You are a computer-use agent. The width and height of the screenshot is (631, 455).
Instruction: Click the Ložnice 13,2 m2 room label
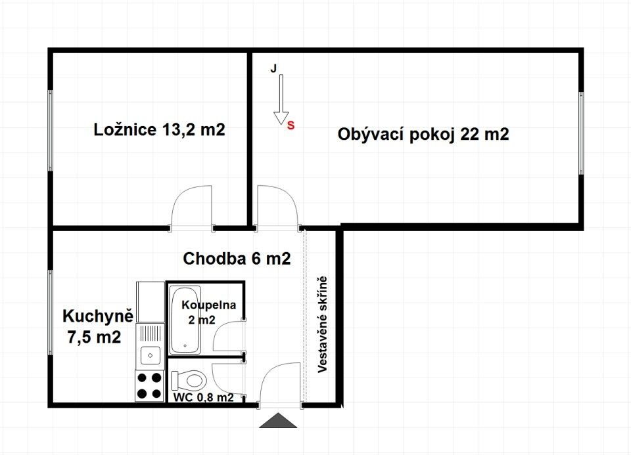click(159, 130)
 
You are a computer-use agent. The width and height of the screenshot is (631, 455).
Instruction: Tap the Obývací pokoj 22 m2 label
click(423, 134)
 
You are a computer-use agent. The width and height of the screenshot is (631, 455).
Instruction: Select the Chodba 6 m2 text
click(237, 259)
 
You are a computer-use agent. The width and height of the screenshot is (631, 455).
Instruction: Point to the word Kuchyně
click(98, 316)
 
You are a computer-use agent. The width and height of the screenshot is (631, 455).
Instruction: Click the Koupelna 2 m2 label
click(208, 313)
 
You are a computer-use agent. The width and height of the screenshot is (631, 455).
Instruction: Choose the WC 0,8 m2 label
click(203, 397)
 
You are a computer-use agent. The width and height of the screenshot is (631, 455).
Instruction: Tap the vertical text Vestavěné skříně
click(322, 325)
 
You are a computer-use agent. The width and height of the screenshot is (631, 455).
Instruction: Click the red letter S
click(291, 125)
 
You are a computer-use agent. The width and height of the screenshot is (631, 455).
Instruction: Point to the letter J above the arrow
click(273, 69)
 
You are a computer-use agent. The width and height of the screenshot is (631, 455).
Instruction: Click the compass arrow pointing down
click(281, 99)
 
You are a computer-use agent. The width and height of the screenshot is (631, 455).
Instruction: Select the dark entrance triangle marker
click(278, 420)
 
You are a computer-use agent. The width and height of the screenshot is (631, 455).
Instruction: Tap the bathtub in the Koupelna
click(185, 320)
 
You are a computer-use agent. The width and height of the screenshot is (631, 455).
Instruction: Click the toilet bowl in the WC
click(189, 380)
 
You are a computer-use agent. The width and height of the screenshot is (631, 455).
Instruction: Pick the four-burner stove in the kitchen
click(149, 385)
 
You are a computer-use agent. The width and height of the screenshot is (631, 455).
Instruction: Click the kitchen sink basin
click(150, 355)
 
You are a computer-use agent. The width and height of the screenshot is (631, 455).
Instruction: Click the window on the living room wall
click(580, 133)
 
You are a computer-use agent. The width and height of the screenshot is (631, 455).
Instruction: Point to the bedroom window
click(51, 131)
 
